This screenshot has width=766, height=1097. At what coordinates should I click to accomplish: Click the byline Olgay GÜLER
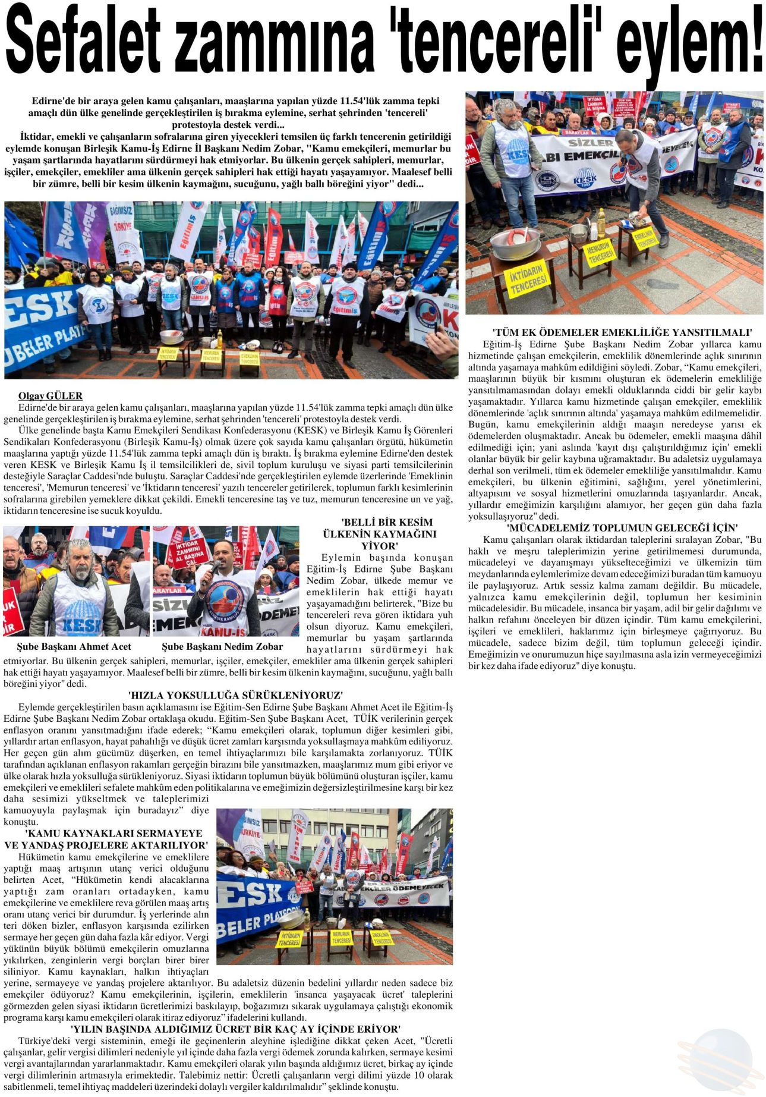[51, 396]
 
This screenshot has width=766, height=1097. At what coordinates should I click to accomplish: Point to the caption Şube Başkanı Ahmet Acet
[74, 646]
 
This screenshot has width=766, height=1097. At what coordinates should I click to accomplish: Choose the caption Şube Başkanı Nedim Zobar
[222, 646]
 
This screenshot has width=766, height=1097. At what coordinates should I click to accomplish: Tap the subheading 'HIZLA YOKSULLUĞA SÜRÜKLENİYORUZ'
[235, 695]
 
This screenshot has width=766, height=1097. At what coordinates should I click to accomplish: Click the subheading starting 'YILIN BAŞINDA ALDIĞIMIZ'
[235, 1029]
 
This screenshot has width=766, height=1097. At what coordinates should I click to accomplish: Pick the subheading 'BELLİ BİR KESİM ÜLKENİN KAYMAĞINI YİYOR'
[380, 534]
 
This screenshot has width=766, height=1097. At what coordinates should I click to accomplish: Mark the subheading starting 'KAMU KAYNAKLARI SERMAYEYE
[107, 839]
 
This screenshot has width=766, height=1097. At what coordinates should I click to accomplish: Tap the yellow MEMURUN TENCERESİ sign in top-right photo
[600, 252]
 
